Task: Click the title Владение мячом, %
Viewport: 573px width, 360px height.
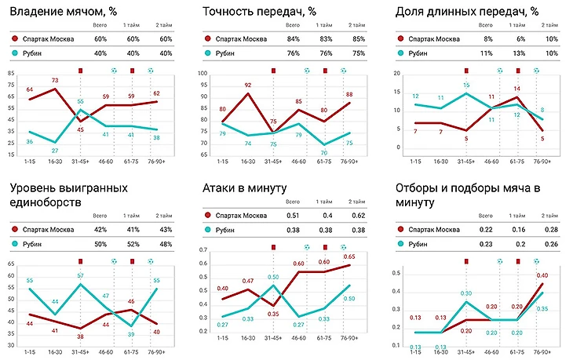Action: [x=64, y=11]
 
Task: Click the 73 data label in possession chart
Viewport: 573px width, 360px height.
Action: [x=55, y=81]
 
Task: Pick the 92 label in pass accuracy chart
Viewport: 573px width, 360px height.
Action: [x=248, y=85]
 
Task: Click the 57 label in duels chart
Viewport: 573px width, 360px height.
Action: [x=80, y=275]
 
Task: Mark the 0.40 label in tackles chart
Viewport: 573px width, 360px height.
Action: [x=541, y=275]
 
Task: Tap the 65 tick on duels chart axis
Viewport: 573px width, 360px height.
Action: [x=11, y=264]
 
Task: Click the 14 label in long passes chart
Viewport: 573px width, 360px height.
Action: [x=516, y=89]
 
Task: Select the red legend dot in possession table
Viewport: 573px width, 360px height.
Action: [x=16, y=39]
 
